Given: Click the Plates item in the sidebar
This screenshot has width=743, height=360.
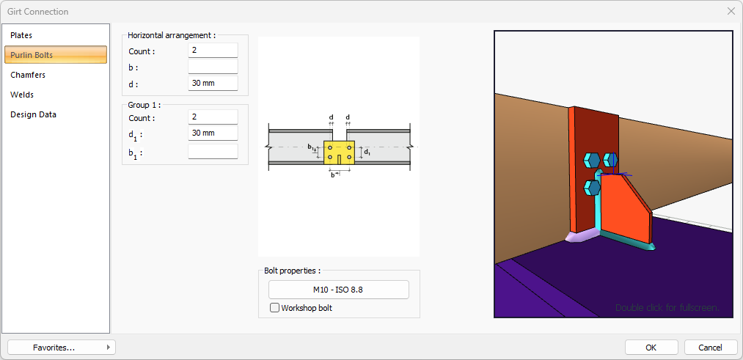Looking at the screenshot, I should (x=22, y=35).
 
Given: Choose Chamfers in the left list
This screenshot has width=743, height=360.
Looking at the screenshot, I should (x=28, y=75).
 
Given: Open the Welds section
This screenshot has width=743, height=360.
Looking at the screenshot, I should (x=22, y=95).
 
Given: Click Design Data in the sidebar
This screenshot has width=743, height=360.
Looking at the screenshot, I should (x=33, y=114).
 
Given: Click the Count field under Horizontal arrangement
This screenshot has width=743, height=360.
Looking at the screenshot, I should (x=213, y=51).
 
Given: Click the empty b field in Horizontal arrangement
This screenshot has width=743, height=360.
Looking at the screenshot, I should (x=213, y=67).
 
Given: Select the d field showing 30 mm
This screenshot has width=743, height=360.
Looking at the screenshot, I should (x=213, y=84).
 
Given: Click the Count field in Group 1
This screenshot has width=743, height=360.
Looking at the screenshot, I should (x=213, y=117).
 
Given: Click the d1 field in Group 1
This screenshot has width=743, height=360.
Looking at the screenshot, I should (x=213, y=133).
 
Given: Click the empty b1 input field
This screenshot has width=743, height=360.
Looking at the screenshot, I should (x=213, y=152).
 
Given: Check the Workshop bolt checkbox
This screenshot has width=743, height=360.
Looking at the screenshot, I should (x=275, y=308).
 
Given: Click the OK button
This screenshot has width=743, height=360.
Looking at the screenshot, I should (x=651, y=348).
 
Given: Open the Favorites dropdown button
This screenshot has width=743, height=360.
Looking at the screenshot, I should (x=62, y=348).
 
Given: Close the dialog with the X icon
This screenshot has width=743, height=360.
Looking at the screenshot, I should (x=731, y=11).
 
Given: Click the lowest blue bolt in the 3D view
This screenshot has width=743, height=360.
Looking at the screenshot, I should (x=593, y=188).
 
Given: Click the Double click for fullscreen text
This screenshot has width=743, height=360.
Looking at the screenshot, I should (x=667, y=307).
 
